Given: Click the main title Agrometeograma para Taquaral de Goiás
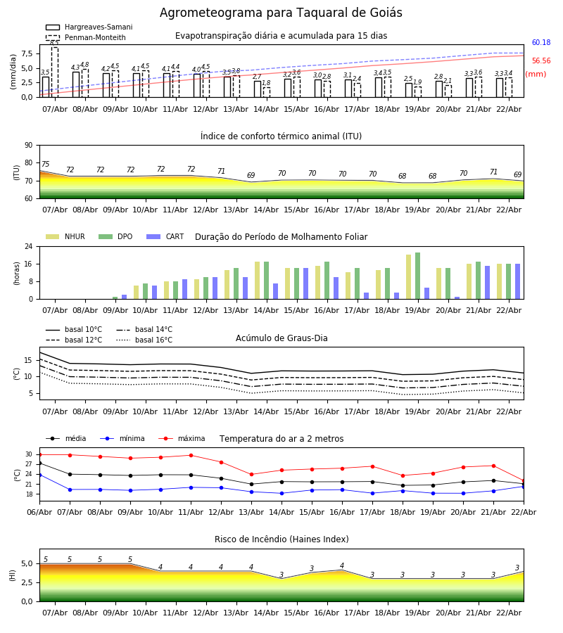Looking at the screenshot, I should pos(281,13).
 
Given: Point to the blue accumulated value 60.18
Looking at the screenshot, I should pos(541,43).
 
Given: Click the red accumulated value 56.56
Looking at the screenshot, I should pos(541,61).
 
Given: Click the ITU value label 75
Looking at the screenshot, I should pos(46,165).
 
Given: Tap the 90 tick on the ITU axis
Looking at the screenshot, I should pos(28,145).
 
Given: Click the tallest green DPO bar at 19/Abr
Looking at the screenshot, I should pos(418,276).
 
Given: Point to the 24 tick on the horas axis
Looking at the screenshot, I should pos(29,246).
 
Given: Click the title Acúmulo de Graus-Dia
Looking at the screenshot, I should pos(281,338).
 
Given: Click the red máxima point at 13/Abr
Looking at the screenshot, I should pos(251,475).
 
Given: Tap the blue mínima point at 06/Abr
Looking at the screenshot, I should pos(39,475).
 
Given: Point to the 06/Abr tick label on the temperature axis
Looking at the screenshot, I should pos(39,511).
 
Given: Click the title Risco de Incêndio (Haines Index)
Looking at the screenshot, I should pos(281,539).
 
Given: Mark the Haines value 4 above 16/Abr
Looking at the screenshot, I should pos(342,566).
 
